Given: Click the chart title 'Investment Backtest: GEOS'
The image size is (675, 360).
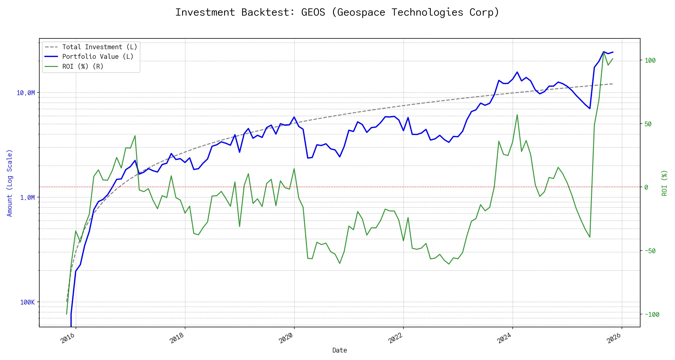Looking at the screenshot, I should (337, 12).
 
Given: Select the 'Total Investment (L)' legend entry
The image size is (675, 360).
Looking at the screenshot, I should (99, 47).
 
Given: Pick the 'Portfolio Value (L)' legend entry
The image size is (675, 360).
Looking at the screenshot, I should (97, 57).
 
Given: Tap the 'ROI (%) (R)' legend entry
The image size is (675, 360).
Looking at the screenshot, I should (82, 66).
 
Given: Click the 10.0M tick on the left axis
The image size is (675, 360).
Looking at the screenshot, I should (25, 93).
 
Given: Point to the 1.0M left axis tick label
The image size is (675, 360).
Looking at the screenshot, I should (27, 197).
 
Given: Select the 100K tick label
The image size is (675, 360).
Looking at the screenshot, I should (27, 302).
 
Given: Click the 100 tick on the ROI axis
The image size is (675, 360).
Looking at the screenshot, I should (650, 60).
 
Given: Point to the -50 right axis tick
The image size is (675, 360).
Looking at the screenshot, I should (650, 251).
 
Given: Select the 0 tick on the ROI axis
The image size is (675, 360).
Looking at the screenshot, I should (646, 187).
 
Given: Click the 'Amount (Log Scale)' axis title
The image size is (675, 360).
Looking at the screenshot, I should (10, 183).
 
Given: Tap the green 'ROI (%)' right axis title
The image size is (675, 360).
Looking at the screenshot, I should (664, 183).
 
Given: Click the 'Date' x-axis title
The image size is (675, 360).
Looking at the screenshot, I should (340, 350).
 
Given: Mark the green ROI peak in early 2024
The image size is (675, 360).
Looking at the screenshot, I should (517, 115).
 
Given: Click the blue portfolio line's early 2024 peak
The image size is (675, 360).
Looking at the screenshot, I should (517, 72).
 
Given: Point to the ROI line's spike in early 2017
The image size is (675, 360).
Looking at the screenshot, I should (135, 136).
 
